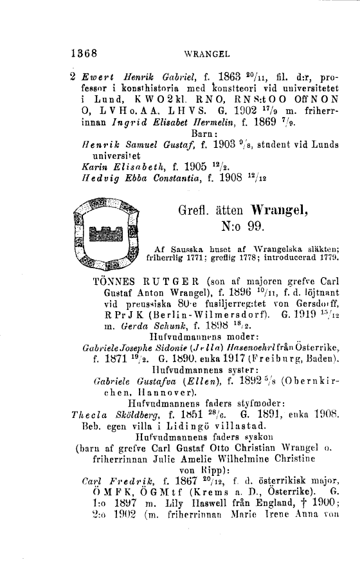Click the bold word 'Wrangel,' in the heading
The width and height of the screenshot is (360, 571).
click(x=269, y=209)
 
